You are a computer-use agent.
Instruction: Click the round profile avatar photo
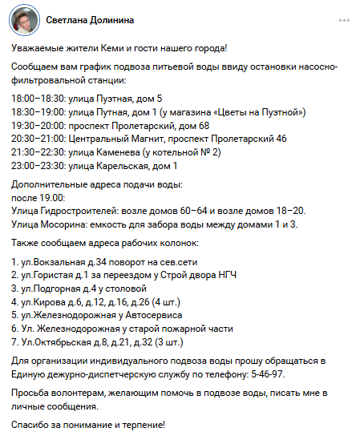(x=25, y=19)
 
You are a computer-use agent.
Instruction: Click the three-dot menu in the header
(x=343, y=19)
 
